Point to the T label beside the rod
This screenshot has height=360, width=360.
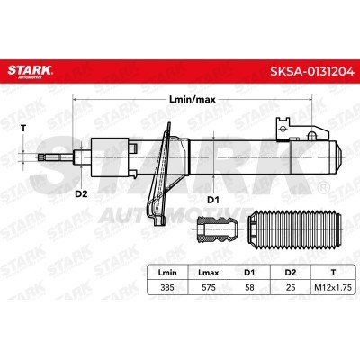coord(23,129)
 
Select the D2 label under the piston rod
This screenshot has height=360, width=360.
coord(80,192)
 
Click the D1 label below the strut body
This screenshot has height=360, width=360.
coord(215,198)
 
